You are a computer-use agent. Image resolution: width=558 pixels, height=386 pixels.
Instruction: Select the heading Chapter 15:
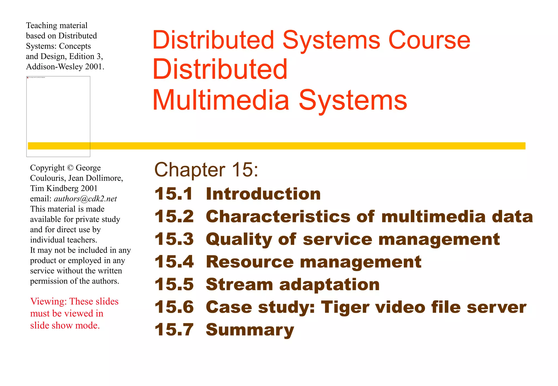(x=206, y=170)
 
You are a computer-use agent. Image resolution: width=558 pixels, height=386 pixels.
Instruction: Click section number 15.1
(x=174, y=194)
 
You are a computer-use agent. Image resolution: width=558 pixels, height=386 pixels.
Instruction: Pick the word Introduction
(x=263, y=194)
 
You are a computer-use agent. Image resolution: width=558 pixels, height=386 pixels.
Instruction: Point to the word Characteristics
(x=278, y=217)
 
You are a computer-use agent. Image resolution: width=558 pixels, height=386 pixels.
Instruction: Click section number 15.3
(x=174, y=239)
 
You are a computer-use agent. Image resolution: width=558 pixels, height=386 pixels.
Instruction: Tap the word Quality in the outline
(x=239, y=240)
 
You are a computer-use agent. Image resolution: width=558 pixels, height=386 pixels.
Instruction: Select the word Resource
(x=250, y=262)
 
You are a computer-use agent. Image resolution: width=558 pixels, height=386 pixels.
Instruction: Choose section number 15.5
(x=174, y=284)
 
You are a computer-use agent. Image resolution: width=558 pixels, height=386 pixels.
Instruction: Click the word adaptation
(x=329, y=284)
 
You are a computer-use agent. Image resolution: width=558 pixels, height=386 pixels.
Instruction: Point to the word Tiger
(x=345, y=307)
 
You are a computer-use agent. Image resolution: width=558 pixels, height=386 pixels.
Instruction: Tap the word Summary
(x=250, y=330)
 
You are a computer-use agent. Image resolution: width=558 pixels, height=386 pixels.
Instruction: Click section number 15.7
(x=174, y=330)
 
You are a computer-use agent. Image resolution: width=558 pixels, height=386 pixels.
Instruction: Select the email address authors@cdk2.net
(x=85, y=199)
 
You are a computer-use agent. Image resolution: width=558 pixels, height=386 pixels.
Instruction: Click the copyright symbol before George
(x=70, y=168)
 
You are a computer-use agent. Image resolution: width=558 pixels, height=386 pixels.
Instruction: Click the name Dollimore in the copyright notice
(x=104, y=178)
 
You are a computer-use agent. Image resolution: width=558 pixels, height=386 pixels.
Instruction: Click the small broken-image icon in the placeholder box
(x=28, y=78)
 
